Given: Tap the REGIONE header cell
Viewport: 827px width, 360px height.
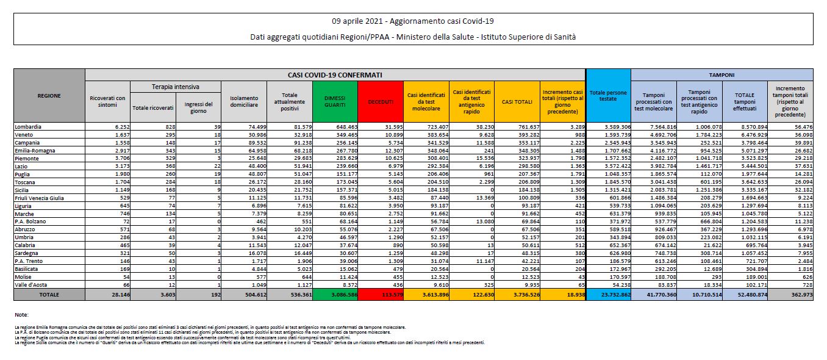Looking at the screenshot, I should pos(49,96).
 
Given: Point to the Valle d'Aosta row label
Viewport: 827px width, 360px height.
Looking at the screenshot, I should pos(31,284).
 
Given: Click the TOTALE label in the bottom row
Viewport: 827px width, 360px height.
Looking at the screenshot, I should pos(49,294).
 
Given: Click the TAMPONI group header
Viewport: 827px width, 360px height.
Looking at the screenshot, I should pos(721,74).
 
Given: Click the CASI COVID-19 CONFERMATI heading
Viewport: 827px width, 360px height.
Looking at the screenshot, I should pos(335,74).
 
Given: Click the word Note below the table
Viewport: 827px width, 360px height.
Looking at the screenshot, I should pos(22,315).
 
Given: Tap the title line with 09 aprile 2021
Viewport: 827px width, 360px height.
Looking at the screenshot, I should pos(413,21).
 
